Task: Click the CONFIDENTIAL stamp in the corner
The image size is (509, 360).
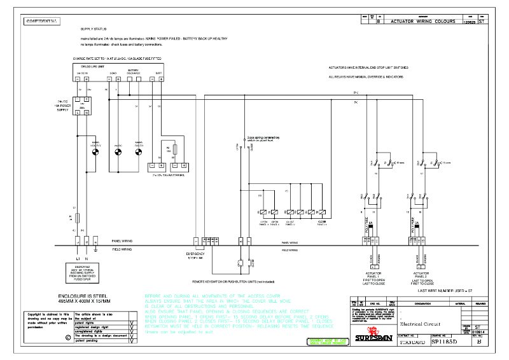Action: click(x=42, y=21)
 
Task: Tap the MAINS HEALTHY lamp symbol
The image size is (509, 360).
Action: click(x=95, y=151)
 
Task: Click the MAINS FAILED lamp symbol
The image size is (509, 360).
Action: click(x=137, y=151)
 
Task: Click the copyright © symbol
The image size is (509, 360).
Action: click(x=50, y=338)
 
